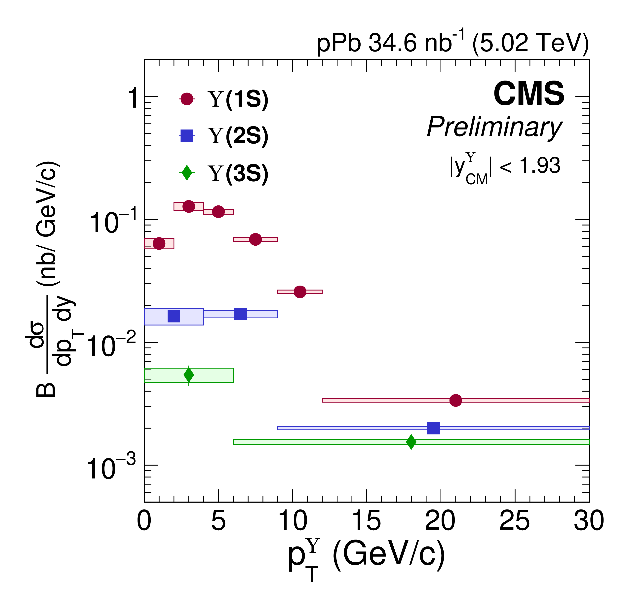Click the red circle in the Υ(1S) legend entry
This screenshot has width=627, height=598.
(187, 99)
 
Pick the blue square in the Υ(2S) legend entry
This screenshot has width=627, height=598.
(187, 136)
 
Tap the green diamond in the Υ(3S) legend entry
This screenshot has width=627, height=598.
(187, 172)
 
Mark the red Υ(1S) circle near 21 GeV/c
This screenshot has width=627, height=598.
(455, 400)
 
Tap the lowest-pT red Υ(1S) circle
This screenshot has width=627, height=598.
(159, 244)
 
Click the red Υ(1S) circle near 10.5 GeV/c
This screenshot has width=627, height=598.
(300, 292)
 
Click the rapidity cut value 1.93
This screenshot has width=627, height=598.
(540, 166)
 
